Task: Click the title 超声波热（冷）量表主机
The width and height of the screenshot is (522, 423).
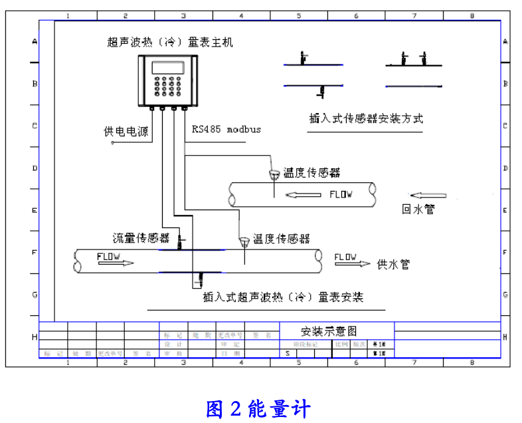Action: [170, 42]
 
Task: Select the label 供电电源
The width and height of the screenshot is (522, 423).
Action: [126, 131]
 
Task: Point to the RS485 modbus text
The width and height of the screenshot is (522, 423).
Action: [226, 129]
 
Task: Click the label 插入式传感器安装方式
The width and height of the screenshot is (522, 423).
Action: [366, 118]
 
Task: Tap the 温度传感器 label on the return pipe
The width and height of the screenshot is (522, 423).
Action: [312, 173]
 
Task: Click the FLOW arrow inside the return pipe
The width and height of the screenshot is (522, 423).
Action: [302, 195]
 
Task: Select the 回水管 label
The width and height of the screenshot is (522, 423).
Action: [418, 209]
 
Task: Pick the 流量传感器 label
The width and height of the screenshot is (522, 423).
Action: [140, 237]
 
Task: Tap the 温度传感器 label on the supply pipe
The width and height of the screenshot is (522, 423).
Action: [281, 238]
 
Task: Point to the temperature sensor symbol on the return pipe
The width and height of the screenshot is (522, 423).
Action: [274, 175]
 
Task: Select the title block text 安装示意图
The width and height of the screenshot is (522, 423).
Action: [329, 331]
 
